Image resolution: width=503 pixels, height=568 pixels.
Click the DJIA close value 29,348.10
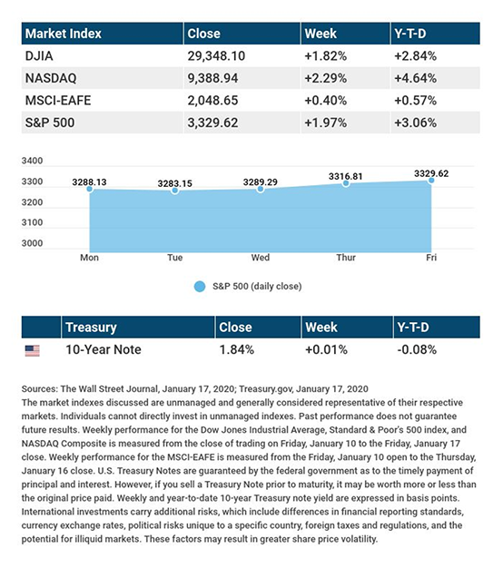click(216, 55)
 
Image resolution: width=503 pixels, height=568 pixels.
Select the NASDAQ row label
click(51, 78)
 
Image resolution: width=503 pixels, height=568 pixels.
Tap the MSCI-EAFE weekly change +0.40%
click(325, 101)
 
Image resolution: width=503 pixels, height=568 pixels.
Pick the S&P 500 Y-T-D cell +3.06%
click(415, 122)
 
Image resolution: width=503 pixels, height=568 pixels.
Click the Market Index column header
click(63, 34)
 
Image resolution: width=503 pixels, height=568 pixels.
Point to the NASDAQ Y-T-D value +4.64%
click(415, 78)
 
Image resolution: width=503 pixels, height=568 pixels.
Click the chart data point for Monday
click(90, 189)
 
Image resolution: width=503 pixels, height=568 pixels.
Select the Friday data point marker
click(431, 180)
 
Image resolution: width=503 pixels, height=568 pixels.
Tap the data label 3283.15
click(174, 183)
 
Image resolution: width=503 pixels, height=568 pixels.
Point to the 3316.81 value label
click(345, 176)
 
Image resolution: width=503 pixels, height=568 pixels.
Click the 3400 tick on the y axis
click(32, 161)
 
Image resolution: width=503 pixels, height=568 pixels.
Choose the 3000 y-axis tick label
click(32, 243)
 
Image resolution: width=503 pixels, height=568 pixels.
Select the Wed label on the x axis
click(261, 258)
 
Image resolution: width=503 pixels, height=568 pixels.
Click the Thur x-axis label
click(346, 258)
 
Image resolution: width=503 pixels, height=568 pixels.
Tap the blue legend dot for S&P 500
click(200, 287)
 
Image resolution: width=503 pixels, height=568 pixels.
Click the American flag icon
click(33, 350)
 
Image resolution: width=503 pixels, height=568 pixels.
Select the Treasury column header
click(91, 328)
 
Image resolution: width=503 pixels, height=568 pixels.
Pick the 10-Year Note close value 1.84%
click(237, 349)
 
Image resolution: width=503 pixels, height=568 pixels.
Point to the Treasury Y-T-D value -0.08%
click(417, 349)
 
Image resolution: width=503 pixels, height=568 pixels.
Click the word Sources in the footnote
click(39, 389)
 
